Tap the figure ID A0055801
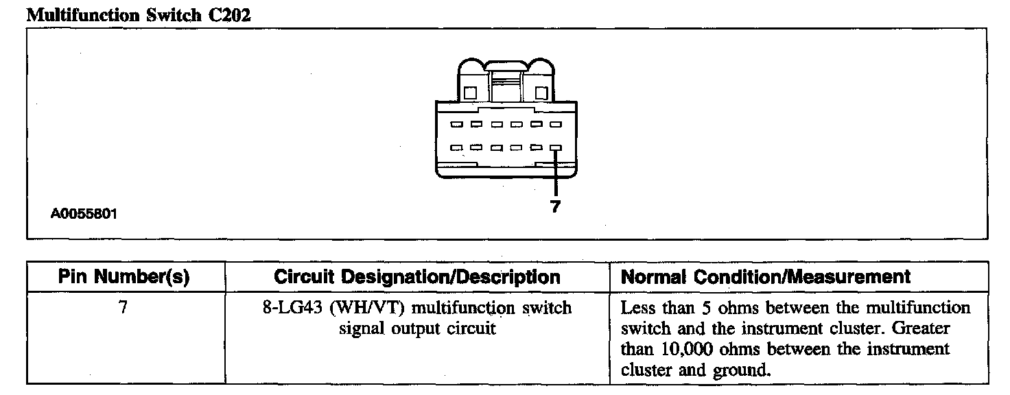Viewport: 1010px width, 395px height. pyautogui.click(x=84, y=214)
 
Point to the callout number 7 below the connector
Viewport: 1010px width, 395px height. pyautogui.click(x=554, y=206)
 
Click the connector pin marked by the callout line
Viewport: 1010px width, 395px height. pyautogui.click(x=555, y=147)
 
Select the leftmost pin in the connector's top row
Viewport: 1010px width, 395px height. pyautogui.click(x=456, y=125)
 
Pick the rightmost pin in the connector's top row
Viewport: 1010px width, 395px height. pyautogui.click(x=555, y=125)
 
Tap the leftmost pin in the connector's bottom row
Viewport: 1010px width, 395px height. pyautogui.click(x=456, y=147)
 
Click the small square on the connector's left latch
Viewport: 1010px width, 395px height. pyautogui.click(x=471, y=92)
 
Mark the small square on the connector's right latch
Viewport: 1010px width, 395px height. pyautogui.click(x=541, y=92)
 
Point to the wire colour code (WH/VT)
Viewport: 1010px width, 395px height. pyautogui.click(x=361, y=307)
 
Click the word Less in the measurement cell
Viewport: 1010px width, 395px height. pyautogui.click(x=637, y=307)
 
